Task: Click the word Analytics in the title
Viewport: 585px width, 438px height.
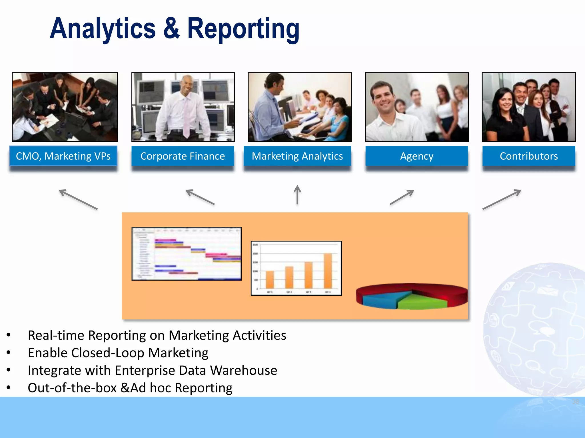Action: pos(103,29)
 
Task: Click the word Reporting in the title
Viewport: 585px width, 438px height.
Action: pos(243,29)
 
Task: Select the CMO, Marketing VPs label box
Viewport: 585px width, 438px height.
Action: pos(63,156)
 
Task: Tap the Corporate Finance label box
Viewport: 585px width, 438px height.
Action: pos(183,156)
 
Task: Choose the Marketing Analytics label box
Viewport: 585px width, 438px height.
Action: pos(297,156)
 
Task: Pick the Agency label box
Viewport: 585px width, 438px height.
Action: pos(417,156)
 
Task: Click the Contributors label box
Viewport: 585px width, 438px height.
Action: pos(529,156)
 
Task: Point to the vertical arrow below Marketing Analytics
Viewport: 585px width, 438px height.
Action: pos(297,195)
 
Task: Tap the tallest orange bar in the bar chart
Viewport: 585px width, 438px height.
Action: pos(328,271)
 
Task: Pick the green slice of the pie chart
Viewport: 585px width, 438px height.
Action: pos(421,302)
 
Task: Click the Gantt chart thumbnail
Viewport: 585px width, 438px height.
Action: pos(187,254)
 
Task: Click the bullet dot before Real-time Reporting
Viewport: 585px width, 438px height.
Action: pos(9,335)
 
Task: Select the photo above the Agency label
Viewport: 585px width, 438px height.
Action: pos(417,107)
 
